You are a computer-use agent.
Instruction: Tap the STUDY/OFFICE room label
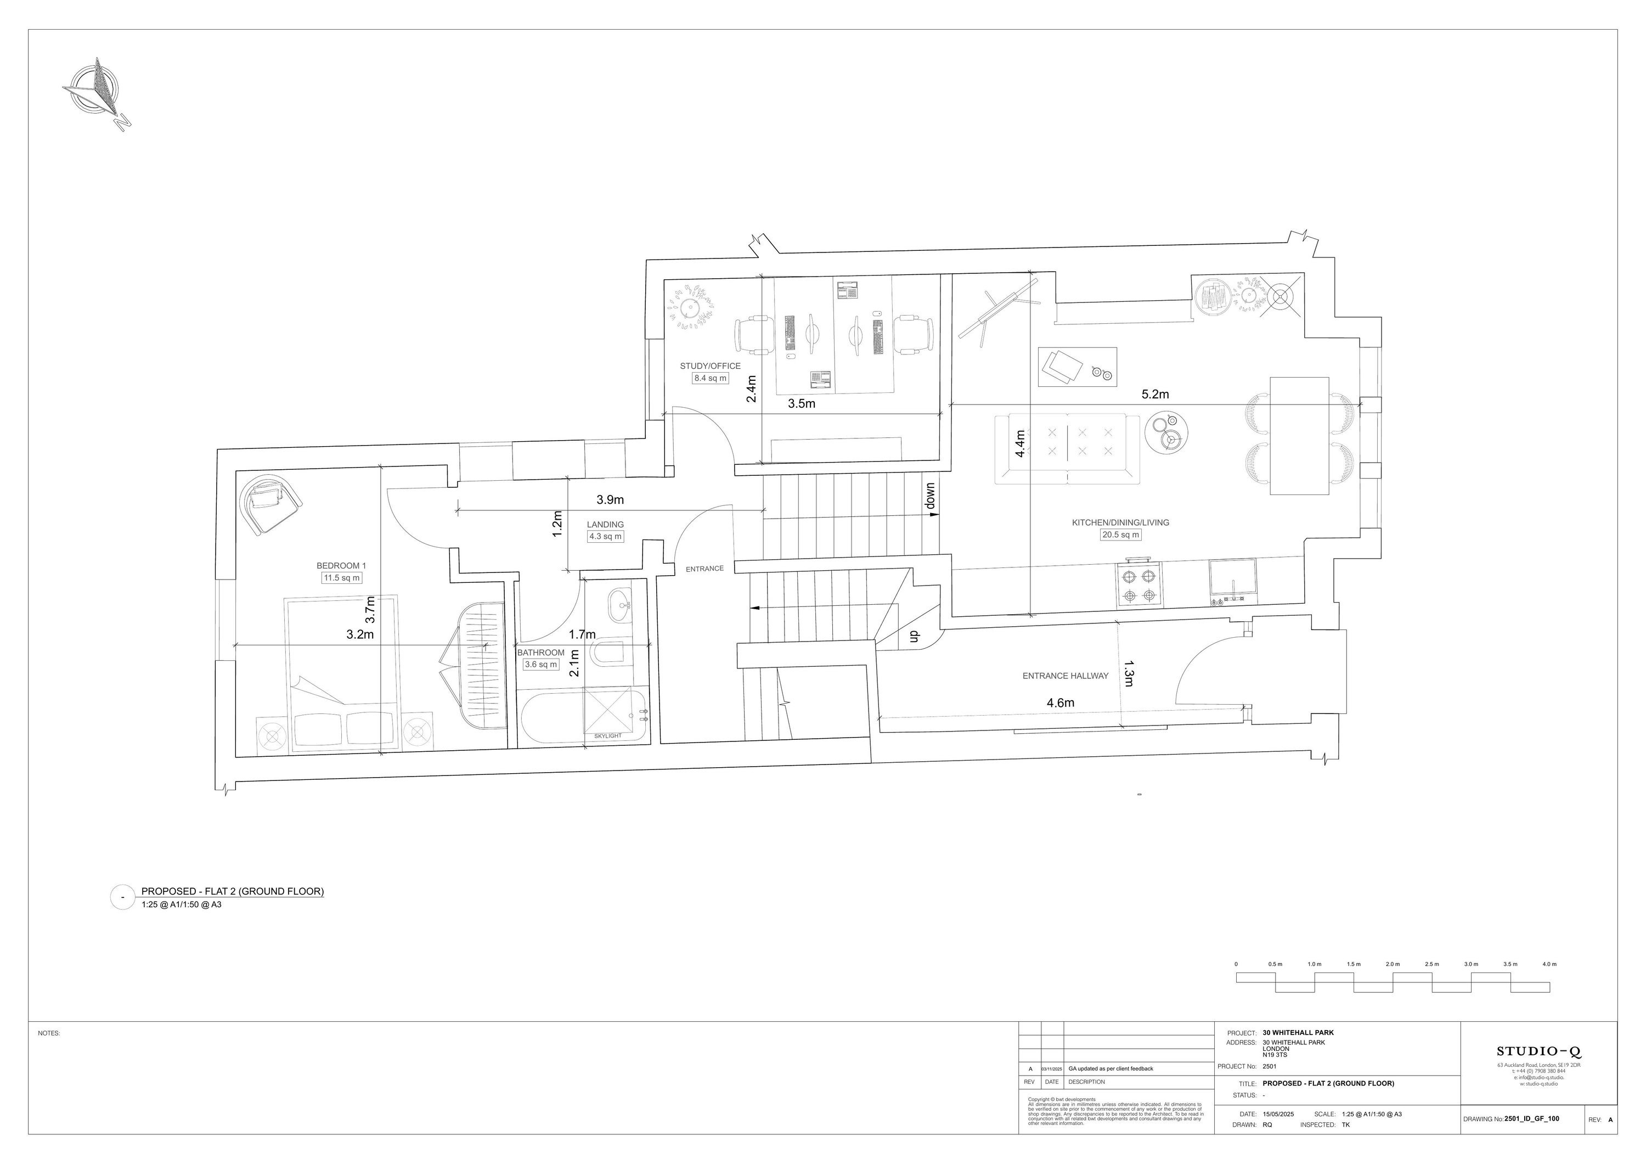(x=710, y=365)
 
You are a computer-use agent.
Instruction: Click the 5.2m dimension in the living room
(x=1155, y=395)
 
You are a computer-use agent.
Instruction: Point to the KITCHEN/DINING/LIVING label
(x=1120, y=523)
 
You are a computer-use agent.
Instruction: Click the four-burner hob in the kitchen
(x=1139, y=584)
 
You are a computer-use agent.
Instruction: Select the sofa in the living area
(x=1067, y=448)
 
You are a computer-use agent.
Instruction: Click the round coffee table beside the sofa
(x=1166, y=433)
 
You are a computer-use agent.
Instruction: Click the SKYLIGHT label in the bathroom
(x=608, y=736)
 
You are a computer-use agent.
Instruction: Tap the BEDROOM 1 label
(x=341, y=566)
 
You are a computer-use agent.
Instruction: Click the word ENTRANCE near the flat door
(x=704, y=569)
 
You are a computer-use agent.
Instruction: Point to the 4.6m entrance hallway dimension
(x=1060, y=703)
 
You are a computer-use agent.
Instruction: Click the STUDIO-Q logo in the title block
(x=1538, y=1051)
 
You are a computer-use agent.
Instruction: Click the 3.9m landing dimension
(x=610, y=499)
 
